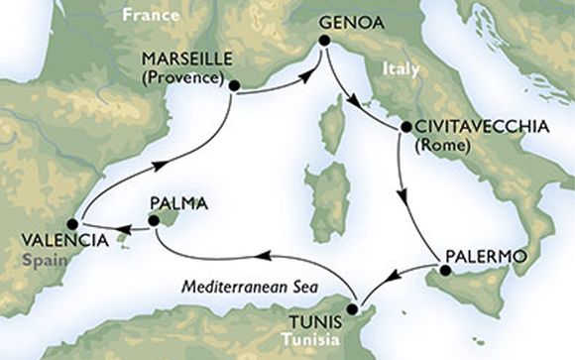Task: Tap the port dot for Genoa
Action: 322,41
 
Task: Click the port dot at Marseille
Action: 233,85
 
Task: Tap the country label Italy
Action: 400,69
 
